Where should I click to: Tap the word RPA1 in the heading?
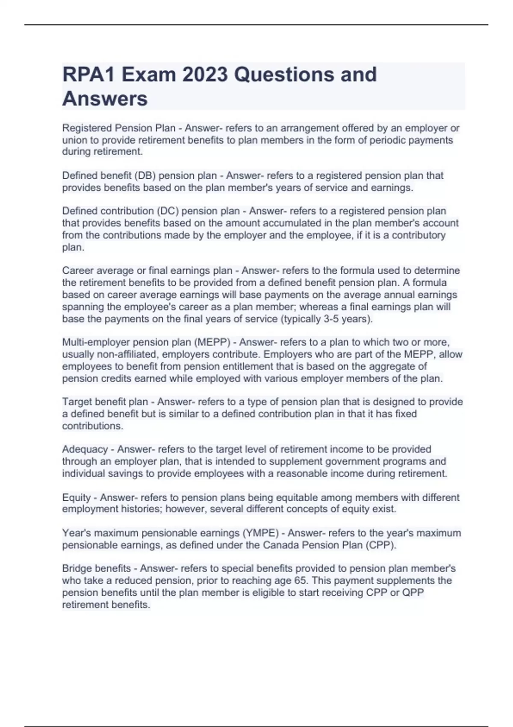[89, 74]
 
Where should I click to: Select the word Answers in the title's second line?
[105, 99]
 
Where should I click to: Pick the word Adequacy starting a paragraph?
[85, 449]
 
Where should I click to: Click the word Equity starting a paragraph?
[77, 498]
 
